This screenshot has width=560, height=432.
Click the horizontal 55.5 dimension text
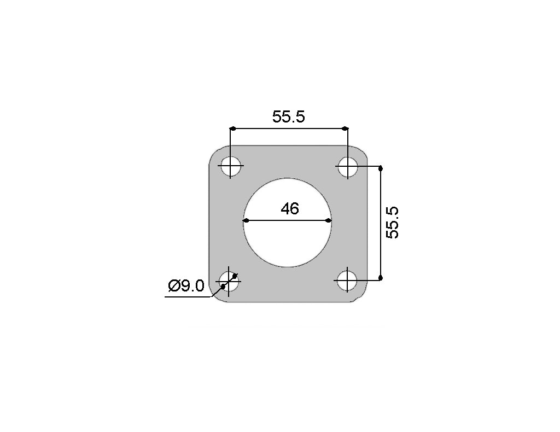[x=288, y=116]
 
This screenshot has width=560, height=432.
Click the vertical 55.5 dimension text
[x=392, y=222]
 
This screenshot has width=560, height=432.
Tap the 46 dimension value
[x=289, y=208]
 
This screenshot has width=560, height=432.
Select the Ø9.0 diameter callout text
[x=186, y=285]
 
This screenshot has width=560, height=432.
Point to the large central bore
[x=288, y=241]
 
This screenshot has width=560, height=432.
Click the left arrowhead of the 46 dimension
[x=246, y=220]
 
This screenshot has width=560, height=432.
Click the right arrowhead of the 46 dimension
[x=329, y=220]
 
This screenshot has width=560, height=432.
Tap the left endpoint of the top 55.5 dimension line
[x=232, y=129]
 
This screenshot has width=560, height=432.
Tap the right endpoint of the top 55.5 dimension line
[x=346, y=129]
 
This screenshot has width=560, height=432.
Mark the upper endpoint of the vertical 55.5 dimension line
[x=381, y=167]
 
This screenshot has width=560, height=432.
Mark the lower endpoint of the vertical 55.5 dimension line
[x=381, y=278]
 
